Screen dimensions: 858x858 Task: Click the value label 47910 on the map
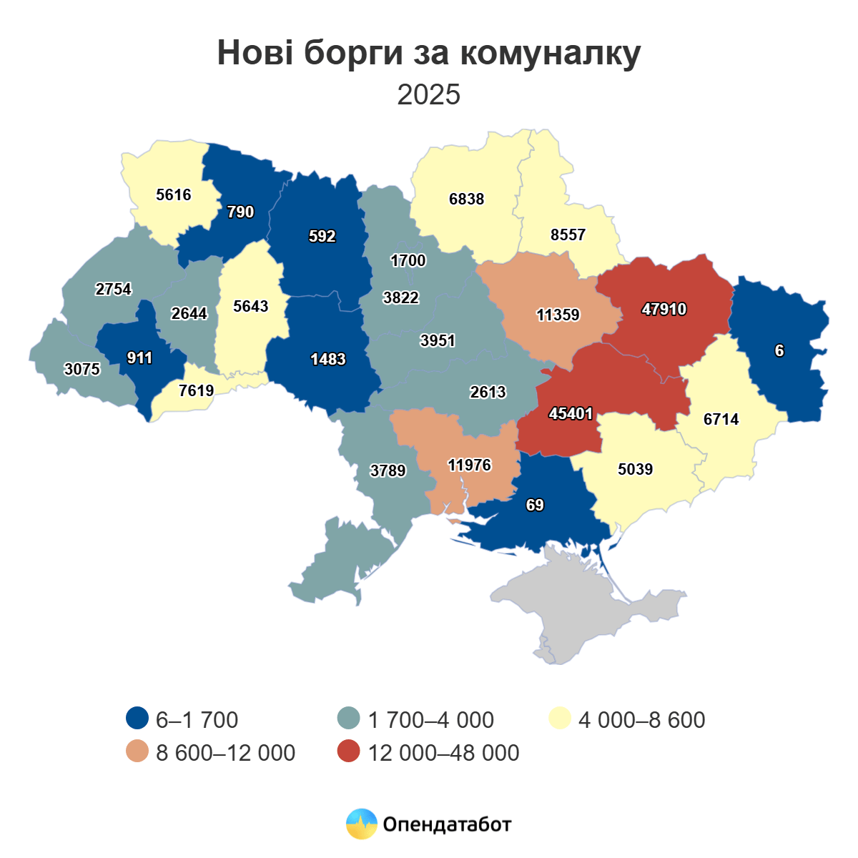pyautogui.click(x=664, y=310)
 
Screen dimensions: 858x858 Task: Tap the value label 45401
pyautogui.click(x=571, y=414)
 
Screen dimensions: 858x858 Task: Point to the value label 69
pyautogui.click(x=535, y=506)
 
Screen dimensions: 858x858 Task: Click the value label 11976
pyautogui.click(x=470, y=465)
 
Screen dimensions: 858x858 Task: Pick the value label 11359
pyautogui.click(x=558, y=315)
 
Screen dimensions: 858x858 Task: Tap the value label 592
pyautogui.click(x=322, y=237)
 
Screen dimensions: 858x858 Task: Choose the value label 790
pyautogui.click(x=240, y=212)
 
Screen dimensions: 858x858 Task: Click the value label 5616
pyautogui.click(x=173, y=195)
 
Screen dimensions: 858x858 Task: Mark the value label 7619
pyautogui.click(x=196, y=391)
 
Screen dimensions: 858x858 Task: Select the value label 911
pyautogui.click(x=139, y=358)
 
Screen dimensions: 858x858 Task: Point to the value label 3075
pyautogui.click(x=82, y=370)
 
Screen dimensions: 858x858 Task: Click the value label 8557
pyautogui.click(x=568, y=235)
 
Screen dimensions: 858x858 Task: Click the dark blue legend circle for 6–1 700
pyautogui.click(x=137, y=719)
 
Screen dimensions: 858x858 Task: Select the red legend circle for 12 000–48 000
pyautogui.click(x=349, y=752)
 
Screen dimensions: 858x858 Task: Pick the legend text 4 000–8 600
pyautogui.click(x=641, y=719)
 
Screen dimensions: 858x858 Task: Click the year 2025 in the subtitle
pyautogui.click(x=429, y=94)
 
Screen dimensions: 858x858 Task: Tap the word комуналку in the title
pyautogui.click(x=550, y=54)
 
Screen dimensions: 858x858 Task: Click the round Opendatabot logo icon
pyautogui.click(x=362, y=824)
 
